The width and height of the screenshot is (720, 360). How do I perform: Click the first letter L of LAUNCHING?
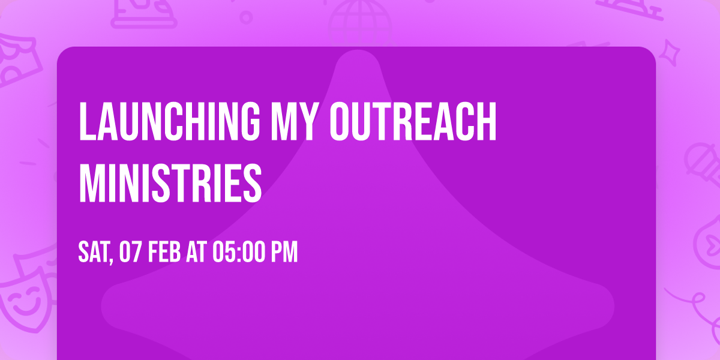click(86, 122)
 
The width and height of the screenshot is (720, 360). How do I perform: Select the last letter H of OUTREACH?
click(487, 122)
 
